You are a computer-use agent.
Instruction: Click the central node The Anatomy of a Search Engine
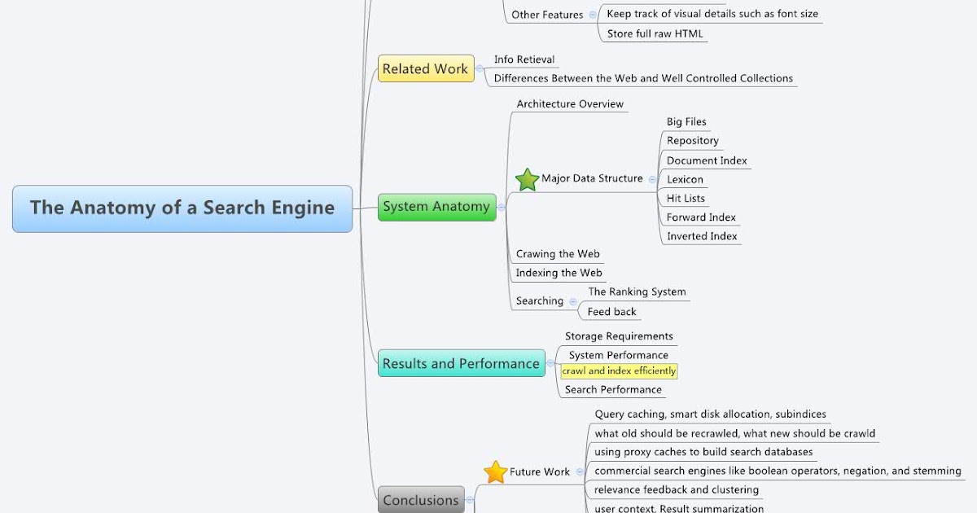(x=182, y=208)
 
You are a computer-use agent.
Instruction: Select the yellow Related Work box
(x=425, y=69)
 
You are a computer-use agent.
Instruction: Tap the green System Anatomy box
(x=436, y=207)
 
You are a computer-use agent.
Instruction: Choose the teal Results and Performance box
(x=461, y=363)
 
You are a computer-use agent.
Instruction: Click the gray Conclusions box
(x=421, y=500)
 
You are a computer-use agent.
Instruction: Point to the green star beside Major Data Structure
(x=528, y=179)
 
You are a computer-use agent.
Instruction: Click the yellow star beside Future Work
(x=496, y=471)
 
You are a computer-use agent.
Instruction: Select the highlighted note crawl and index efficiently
(x=619, y=371)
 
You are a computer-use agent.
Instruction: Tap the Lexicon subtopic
(x=685, y=179)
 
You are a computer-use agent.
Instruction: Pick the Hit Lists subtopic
(x=686, y=199)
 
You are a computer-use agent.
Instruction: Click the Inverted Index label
(x=702, y=237)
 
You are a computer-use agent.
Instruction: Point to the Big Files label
(x=686, y=122)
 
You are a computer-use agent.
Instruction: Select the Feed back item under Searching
(x=612, y=312)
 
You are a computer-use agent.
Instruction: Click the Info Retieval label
(x=524, y=59)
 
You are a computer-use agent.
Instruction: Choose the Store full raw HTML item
(x=655, y=34)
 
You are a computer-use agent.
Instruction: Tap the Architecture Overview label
(x=570, y=104)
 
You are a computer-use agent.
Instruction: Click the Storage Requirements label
(x=619, y=336)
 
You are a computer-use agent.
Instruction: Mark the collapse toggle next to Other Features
(x=592, y=15)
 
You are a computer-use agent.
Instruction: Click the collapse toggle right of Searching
(x=573, y=301)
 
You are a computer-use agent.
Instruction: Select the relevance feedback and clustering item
(x=677, y=490)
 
